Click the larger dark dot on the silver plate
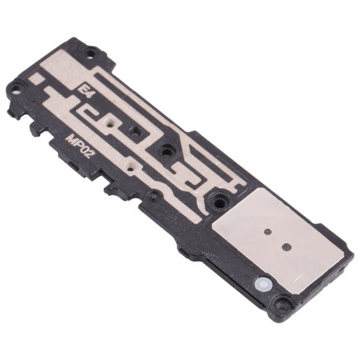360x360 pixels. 287,246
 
